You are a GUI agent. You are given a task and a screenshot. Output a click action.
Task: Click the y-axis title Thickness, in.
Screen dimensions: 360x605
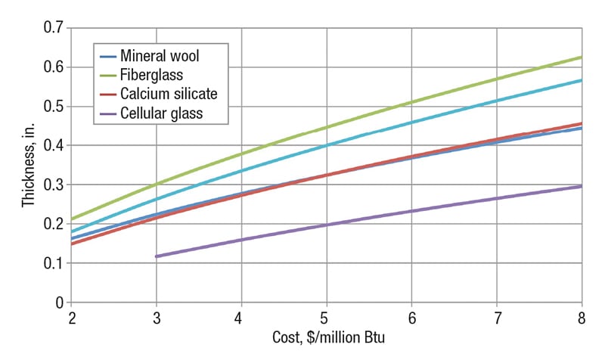coord(28,165)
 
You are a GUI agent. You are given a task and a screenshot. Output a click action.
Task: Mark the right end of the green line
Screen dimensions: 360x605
coord(581,57)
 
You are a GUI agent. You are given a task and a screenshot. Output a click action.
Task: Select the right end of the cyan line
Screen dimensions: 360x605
coord(581,80)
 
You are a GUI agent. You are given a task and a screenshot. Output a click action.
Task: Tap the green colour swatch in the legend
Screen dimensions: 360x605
coord(107,75)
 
